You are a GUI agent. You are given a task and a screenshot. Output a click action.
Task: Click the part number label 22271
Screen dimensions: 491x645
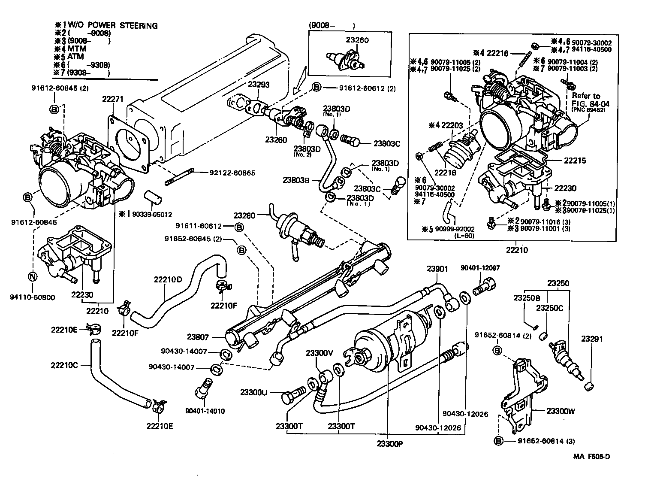[x=113, y=99]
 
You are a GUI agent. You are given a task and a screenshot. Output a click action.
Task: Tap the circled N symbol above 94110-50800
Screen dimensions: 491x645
[x=33, y=277]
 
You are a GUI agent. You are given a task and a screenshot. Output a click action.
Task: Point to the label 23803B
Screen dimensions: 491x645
[x=296, y=180]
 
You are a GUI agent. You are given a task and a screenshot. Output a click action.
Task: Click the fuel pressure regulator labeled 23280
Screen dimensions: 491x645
[x=296, y=228]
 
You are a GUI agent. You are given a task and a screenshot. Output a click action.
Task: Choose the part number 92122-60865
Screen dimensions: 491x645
[x=232, y=173]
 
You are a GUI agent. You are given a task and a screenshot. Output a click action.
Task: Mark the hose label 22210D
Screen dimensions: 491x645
[x=168, y=279]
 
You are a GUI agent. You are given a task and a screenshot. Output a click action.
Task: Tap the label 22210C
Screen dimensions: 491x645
[x=64, y=365]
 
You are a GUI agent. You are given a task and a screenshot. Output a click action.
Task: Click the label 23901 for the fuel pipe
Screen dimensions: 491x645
[x=437, y=269]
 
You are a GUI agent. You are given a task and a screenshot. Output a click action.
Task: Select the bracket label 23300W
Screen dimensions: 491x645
[x=561, y=411]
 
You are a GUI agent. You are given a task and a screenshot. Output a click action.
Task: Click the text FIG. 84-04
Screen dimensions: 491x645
[x=590, y=104]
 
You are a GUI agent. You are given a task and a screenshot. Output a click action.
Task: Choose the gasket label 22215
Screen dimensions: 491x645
[x=575, y=161]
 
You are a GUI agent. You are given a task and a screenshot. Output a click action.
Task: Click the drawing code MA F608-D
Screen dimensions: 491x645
[x=591, y=469]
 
